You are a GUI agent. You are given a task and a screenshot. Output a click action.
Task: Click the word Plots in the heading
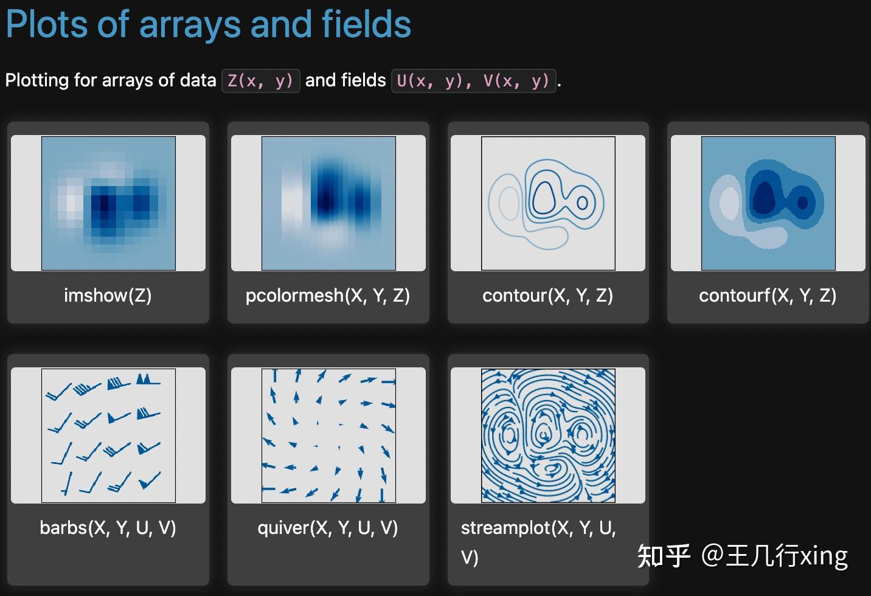point(47,25)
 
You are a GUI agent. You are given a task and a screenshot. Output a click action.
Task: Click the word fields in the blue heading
point(366,24)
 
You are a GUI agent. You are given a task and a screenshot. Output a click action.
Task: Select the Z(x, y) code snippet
point(260,81)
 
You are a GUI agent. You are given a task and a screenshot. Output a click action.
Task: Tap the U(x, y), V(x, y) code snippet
point(473,81)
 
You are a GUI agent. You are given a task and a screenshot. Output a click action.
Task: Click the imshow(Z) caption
point(108,296)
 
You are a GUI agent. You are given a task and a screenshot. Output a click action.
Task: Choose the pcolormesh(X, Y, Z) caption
point(328,296)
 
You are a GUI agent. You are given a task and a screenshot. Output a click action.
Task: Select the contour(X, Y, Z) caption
point(548,296)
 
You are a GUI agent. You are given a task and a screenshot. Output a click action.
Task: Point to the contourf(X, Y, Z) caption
point(768,296)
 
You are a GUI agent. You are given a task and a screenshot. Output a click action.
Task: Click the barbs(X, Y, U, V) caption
point(108,528)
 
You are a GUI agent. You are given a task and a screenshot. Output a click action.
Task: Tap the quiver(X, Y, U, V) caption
point(328,528)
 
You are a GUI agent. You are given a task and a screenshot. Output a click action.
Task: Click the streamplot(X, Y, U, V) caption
point(538,542)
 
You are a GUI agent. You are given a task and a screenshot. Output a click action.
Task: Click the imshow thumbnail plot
point(108,203)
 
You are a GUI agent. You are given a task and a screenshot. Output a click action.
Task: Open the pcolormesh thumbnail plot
point(328,203)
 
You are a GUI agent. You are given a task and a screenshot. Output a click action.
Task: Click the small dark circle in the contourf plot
point(802,203)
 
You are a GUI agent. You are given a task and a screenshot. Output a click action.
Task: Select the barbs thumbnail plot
point(108,435)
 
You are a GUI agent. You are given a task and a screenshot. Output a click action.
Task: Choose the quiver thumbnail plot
point(328,435)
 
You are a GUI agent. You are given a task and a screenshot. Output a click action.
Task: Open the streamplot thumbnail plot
point(548,435)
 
